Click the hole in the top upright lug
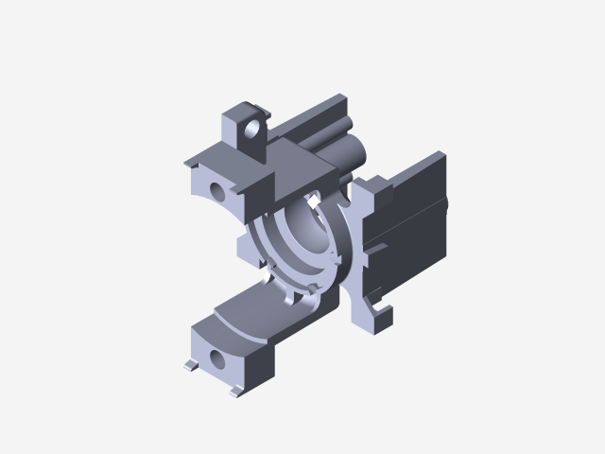(x=253, y=127)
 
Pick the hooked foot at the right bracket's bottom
(x=381, y=308)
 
